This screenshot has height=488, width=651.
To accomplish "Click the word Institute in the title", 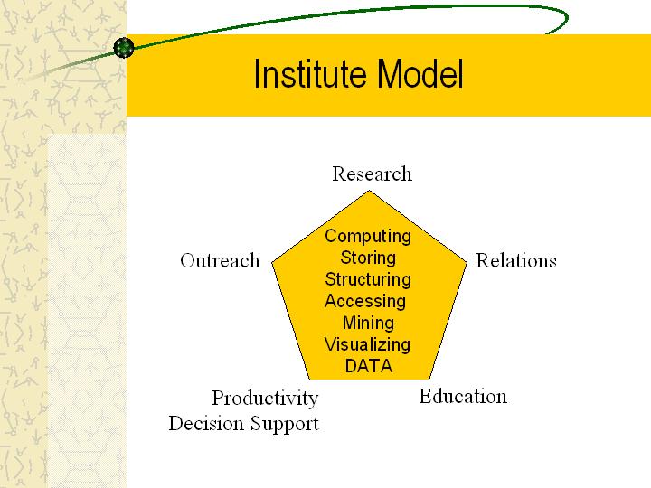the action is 310,73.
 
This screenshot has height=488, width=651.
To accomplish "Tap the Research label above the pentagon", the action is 372,174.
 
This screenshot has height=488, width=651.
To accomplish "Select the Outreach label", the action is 220,260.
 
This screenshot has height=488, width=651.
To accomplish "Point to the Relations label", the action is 516,260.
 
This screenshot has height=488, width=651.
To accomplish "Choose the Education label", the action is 463,396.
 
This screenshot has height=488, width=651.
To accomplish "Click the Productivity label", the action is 265,399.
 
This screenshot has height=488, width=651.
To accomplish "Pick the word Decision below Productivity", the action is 206,423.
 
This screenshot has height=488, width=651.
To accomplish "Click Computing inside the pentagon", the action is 368,237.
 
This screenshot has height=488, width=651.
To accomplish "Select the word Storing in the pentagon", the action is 368,258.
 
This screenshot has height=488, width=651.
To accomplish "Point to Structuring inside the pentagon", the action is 368,279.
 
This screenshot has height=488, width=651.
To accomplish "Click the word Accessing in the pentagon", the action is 365,302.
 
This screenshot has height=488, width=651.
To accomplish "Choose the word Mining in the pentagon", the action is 368,324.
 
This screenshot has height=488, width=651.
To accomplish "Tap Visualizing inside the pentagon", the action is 367,345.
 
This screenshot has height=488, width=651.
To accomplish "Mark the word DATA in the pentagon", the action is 369,366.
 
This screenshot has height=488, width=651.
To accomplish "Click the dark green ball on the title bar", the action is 124,47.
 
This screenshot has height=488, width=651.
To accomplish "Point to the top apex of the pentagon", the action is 369,191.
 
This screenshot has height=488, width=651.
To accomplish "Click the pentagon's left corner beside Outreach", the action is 272,262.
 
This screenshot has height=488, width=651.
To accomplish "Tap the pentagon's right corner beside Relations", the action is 467,262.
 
